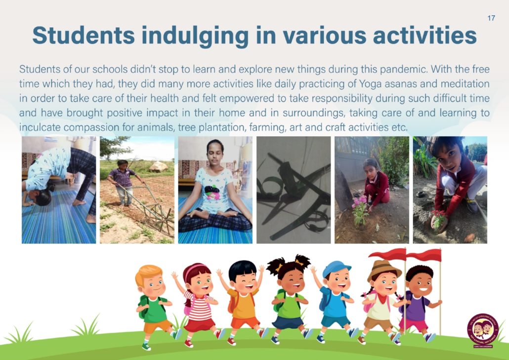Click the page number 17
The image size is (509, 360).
pyautogui.click(x=491, y=18)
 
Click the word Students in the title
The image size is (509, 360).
pyautogui.click(x=84, y=35)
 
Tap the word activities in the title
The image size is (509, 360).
pyautogui.click(x=425, y=35)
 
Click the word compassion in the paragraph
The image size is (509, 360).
pyautogui.click(x=91, y=127)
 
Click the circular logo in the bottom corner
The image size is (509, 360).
pyautogui.click(x=483, y=330)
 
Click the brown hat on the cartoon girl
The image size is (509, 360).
pyautogui.click(x=383, y=269)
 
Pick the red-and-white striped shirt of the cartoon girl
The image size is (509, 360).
pyautogui.click(x=199, y=307)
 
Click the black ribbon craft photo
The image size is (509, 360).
pyautogui.click(x=294, y=190)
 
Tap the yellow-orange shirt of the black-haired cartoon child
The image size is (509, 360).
pyautogui.click(x=242, y=304)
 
